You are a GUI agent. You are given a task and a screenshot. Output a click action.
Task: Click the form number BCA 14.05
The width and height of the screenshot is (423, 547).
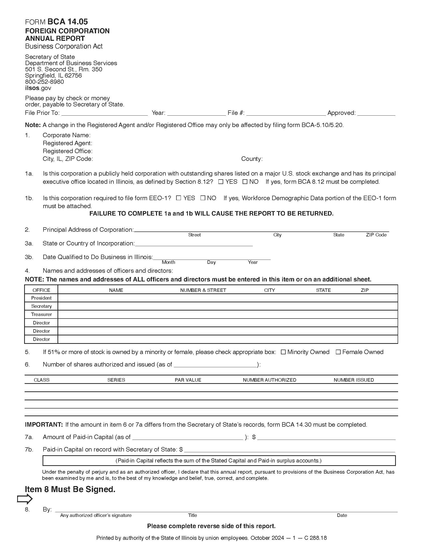point(67,22)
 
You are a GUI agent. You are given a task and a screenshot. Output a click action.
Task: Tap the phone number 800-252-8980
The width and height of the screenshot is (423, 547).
point(44,82)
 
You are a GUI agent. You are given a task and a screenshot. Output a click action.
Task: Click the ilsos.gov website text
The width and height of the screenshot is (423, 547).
point(38,88)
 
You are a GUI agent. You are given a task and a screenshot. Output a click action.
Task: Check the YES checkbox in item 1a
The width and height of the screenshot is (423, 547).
point(221,182)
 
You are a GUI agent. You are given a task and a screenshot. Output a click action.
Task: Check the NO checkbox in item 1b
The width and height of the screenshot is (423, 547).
point(203,198)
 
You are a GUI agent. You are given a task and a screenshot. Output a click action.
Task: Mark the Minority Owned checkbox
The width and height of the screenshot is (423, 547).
point(283,352)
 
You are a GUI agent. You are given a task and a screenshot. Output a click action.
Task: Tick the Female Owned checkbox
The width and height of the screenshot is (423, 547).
point(338,352)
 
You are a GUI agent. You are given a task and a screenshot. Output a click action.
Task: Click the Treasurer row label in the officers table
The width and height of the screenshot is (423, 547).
point(41,314)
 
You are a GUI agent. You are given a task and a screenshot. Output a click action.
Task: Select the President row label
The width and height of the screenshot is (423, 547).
point(41,298)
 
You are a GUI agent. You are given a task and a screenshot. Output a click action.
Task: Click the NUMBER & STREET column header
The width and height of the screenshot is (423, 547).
point(203,290)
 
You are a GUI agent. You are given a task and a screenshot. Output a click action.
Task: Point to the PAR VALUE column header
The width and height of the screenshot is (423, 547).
point(188,380)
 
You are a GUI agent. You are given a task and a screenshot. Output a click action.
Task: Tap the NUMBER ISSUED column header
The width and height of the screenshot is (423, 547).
point(354,380)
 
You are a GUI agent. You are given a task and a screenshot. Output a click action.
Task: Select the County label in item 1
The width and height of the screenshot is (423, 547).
point(252,159)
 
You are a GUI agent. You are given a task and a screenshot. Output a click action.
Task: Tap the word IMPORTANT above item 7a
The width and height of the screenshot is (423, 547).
point(44,424)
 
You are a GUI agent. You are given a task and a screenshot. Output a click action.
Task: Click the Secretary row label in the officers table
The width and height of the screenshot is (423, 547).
point(41,306)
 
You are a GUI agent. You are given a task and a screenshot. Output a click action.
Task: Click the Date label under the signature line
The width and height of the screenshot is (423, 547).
point(342,515)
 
